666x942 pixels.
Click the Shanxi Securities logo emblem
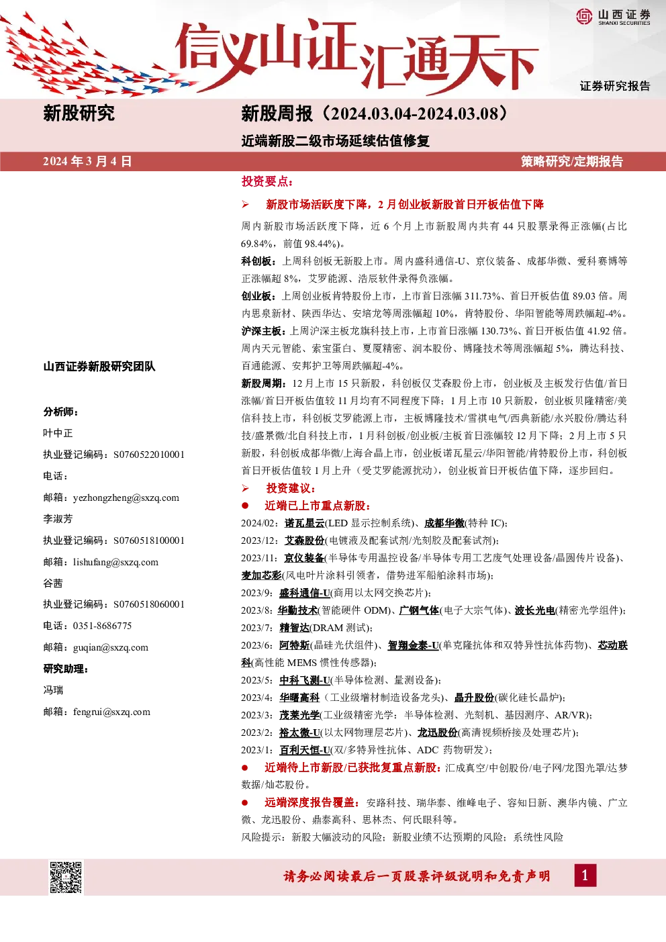pyautogui.click(x=584, y=16)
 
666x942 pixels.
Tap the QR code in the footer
pyautogui.click(x=66, y=877)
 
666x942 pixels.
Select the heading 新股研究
pyautogui.click(x=79, y=113)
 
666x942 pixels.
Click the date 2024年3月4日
pyautogui.click(x=87, y=162)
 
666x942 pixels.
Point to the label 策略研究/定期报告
pyautogui.click(x=572, y=162)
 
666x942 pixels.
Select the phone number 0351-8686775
pyautogui.click(x=102, y=626)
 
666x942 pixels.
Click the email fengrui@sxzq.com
pyautogui.click(x=111, y=712)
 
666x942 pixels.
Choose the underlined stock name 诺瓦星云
pyautogui.click(x=304, y=523)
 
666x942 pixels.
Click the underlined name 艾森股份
pyautogui.click(x=304, y=540)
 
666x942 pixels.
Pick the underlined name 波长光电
pyautogui.click(x=535, y=610)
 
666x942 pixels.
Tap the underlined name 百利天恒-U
pyautogui.click(x=305, y=750)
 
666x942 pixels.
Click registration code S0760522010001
pyautogui.click(x=149, y=455)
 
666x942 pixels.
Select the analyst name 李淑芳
pyautogui.click(x=58, y=519)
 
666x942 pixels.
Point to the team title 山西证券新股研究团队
pyautogui.click(x=99, y=367)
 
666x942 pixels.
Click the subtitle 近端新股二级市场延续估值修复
pyautogui.click(x=336, y=140)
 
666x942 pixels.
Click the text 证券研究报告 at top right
pyautogui.click(x=615, y=86)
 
